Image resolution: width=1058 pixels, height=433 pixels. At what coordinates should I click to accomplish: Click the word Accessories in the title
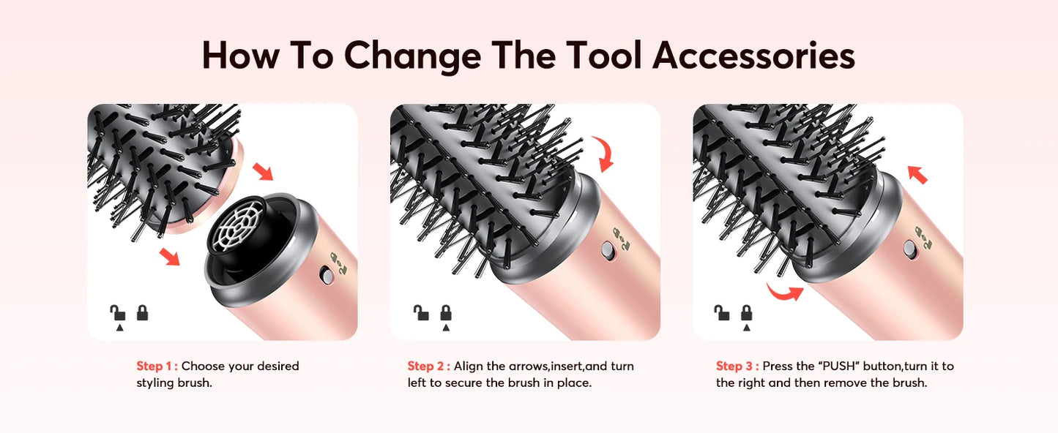pyautogui.click(x=753, y=56)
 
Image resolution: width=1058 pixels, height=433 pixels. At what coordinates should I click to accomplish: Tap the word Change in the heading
pyautogui.click(x=412, y=56)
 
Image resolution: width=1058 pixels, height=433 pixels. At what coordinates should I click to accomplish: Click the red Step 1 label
pyautogui.click(x=157, y=366)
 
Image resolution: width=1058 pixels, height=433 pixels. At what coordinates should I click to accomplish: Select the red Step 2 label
pyautogui.click(x=428, y=366)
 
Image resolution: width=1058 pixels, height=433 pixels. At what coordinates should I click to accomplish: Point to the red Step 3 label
pyautogui.click(x=737, y=366)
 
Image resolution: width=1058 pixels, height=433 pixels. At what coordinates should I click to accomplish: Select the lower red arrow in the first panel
pyautogui.click(x=169, y=257)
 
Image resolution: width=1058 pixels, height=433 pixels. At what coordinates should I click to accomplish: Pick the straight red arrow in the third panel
pyautogui.click(x=917, y=174)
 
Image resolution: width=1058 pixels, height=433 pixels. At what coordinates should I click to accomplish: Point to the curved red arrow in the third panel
pyautogui.click(x=783, y=292)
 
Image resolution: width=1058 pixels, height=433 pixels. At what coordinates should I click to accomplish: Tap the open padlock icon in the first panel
pyautogui.click(x=117, y=313)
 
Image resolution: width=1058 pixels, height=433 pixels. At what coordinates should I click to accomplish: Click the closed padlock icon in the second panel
pyautogui.click(x=445, y=313)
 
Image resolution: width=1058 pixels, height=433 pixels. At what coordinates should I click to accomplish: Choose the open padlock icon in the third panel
pyautogui.click(x=721, y=313)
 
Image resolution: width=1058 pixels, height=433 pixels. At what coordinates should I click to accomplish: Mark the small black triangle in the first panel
pyautogui.click(x=118, y=328)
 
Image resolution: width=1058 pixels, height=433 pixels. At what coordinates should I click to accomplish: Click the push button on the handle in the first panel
pyautogui.click(x=324, y=276)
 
